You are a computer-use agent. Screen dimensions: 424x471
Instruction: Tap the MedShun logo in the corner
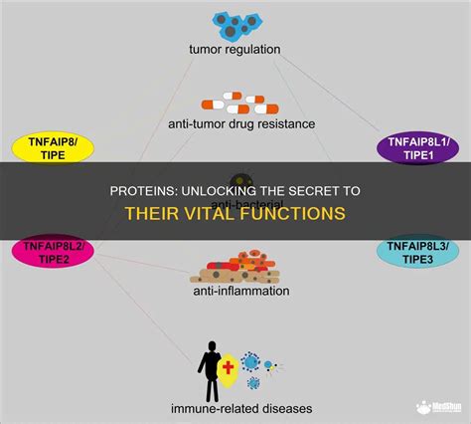click(434, 408)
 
